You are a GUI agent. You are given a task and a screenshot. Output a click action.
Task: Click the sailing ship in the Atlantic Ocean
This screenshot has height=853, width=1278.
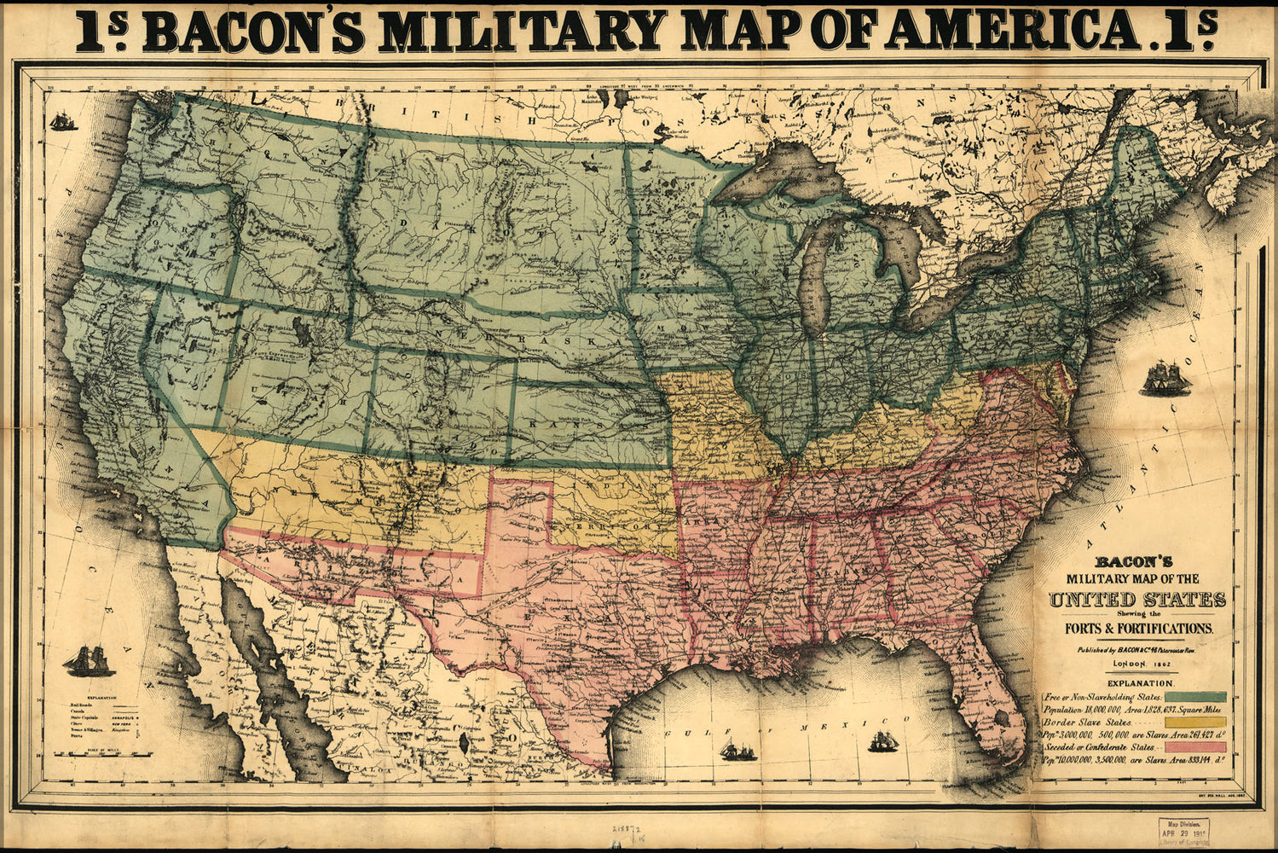click(x=1165, y=378)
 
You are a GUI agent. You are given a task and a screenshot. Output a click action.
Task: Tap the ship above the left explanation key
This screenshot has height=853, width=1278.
click(x=89, y=660)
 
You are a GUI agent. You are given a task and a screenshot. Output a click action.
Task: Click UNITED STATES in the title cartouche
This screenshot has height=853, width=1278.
click(x=1137, y=600)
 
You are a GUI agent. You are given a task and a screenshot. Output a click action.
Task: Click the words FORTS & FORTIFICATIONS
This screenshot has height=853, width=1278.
click(x=1136, y=628)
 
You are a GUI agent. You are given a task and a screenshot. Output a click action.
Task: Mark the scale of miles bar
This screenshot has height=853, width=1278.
click(x=102, y=753)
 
